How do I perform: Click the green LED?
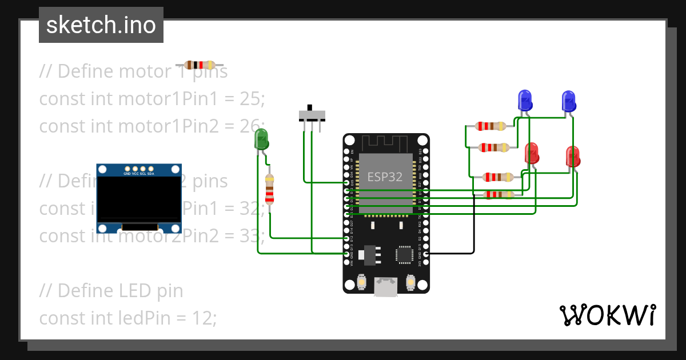click(x=261, y=139)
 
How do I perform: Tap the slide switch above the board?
click(x=312, y=114)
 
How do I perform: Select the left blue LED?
click(x=525, y=101)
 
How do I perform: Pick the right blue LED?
click(x=568, y=101)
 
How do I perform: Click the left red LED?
click(x=532, y=153)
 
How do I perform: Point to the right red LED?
click(x=573, y=157)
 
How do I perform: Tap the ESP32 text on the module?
click(x=385, y=177)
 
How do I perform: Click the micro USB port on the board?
click(x=386, y=287)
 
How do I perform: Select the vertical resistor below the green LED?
click(x=270, y=190)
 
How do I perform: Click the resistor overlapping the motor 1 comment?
click(x=200, y=65)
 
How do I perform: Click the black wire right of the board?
click(x=473, y=229)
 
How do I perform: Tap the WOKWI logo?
click(x=607, y=315)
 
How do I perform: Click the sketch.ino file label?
click(x=101, y=25)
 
